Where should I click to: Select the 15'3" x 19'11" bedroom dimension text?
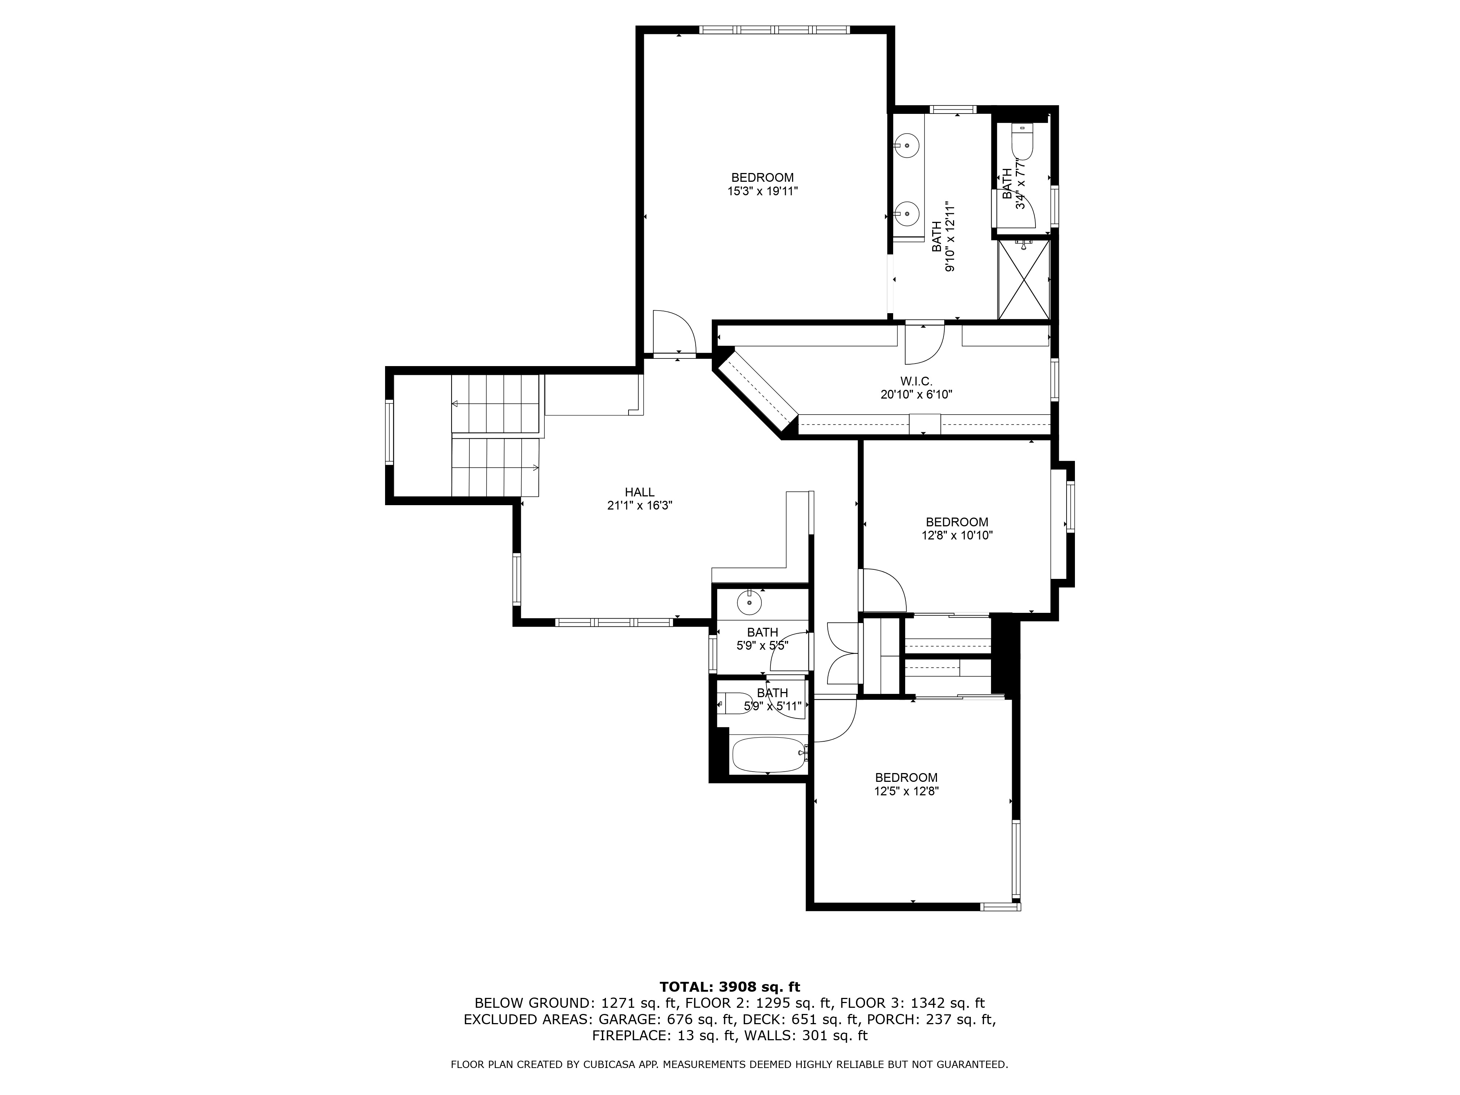[762, 191]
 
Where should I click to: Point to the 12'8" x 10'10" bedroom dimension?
[957, 536]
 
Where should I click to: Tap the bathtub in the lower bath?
[769, 754]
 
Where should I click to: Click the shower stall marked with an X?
[1023, 280]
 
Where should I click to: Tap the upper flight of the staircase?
[496, 404]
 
